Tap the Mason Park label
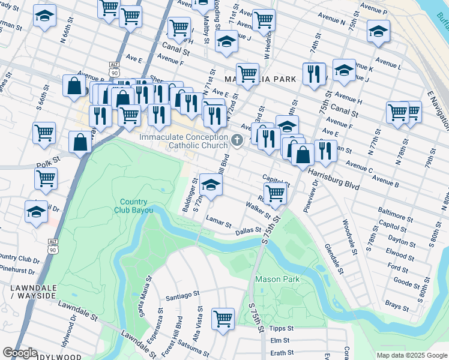point(277,279)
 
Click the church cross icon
point(237,141)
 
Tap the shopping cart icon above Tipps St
point(223,319)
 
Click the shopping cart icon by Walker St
point(275,193)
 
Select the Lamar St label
point(218,222)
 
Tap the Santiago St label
point(182,295)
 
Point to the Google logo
point(20,353)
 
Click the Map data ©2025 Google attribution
point(411,355)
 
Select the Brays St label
point(397,305)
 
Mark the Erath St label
point(282,353)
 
